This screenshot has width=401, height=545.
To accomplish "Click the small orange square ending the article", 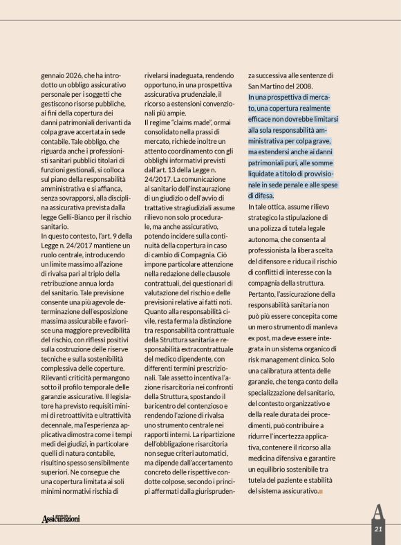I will [x=321, y=492].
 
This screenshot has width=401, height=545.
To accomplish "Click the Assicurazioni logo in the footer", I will [x=61, y=517].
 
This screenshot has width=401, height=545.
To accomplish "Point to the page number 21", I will [x=378, y=529].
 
